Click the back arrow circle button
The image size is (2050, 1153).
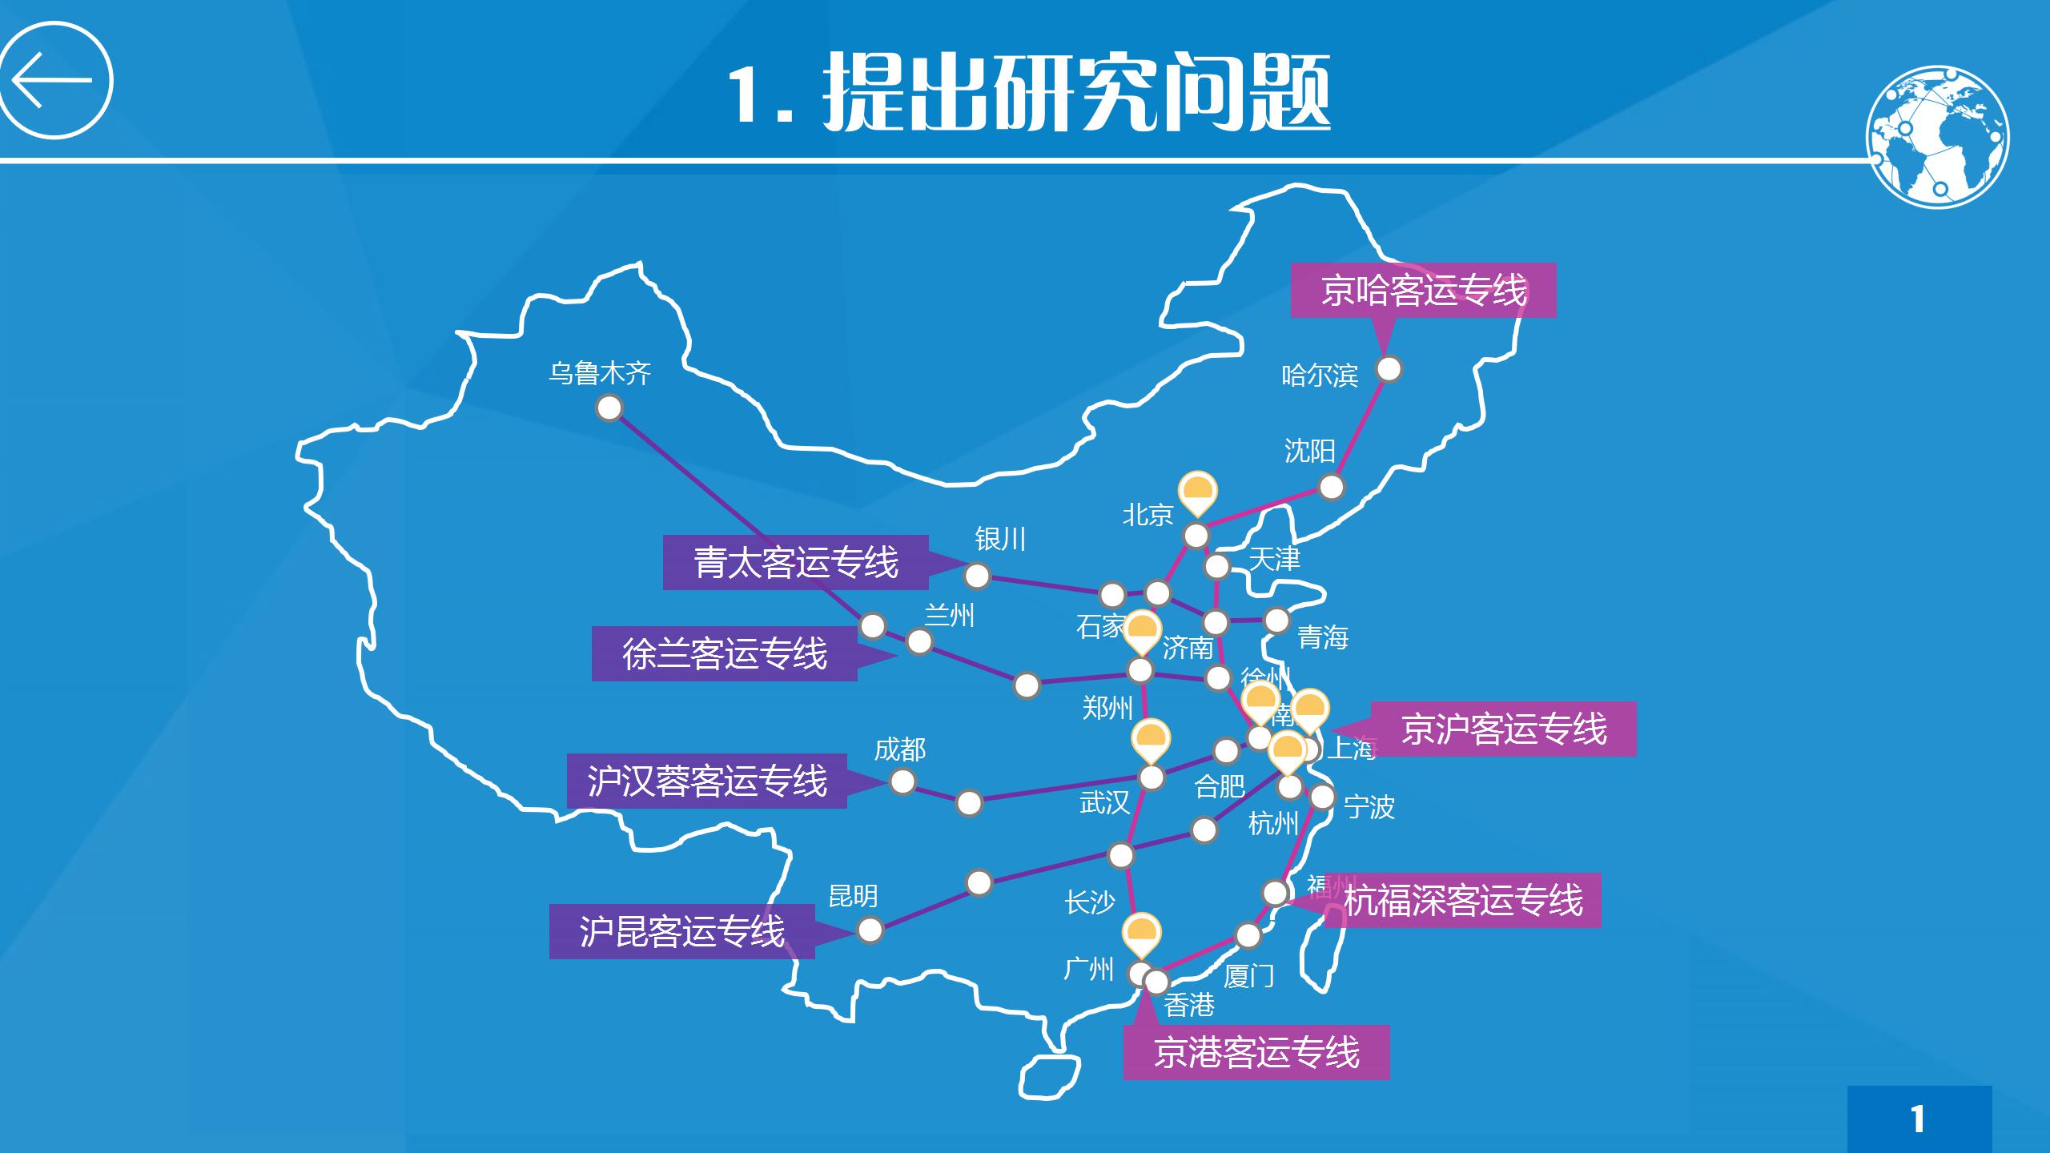[55, 80]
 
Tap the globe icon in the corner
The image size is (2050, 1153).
[1937, 137]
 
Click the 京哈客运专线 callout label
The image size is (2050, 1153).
[1423, 290]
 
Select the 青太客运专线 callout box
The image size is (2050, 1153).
[795, 562]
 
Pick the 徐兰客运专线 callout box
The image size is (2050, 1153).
[724, 654]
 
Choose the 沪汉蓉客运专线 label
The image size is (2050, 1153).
[706, 781]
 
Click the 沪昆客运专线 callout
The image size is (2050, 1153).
[681, 931]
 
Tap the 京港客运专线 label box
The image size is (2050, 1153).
[1256, 1052]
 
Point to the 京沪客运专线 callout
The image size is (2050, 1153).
[1503, 729]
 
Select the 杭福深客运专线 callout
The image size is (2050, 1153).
[1462, 900]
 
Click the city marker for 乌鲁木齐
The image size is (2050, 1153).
[609, 408]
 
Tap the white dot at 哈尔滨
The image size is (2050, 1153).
[1389, 369]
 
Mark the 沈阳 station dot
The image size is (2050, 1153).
[1331, 487]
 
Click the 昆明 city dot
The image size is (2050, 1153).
[870, 930]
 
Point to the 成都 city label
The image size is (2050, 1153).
[899, 749]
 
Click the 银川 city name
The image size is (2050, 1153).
[999, 539]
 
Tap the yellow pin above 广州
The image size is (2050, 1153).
[1141, 933]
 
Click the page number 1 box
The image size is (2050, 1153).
[1919, 1119]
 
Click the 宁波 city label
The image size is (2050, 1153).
[1369, 806]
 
